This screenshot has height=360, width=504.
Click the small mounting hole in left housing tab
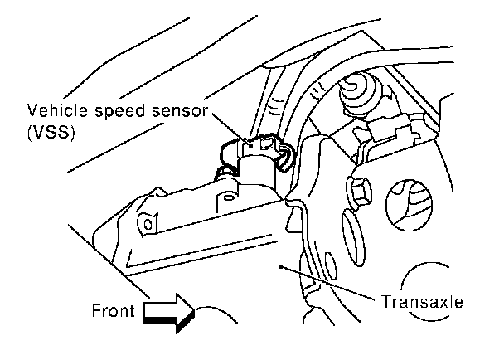tap(150, 222)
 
